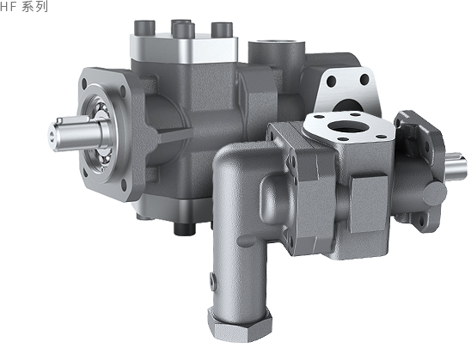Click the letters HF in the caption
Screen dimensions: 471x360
(x=8, y=6)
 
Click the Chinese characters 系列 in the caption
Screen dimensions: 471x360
(x=35, y=6)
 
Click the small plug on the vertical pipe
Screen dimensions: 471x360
(x=213, y=282)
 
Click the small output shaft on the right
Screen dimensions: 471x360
(x=456, y=168)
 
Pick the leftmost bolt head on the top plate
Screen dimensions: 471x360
(x=144, y=27)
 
